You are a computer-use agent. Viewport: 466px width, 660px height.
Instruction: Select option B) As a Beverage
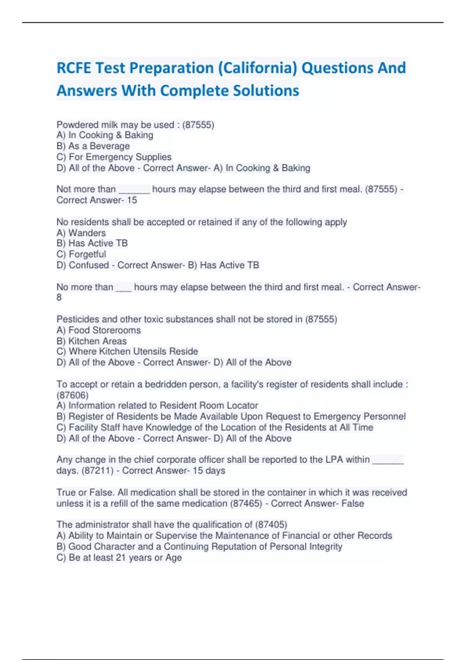(93, 146)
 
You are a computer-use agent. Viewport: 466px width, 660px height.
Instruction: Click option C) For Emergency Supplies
(114, 157)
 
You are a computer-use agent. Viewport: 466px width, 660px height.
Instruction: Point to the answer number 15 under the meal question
(132, 200)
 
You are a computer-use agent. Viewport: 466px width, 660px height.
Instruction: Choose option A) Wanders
(81, 233)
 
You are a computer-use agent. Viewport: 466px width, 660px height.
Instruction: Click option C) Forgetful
(81, 254)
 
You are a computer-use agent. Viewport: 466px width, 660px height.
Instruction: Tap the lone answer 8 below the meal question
(59, 297)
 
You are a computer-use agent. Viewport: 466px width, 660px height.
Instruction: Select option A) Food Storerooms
(99, 330)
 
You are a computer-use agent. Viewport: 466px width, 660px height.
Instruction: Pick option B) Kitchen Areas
(92, 341)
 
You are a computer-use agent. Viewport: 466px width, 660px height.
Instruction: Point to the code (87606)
(73, 395)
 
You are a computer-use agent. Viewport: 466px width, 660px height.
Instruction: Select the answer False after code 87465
(353, 504)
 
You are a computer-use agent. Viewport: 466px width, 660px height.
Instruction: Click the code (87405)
(271, 525)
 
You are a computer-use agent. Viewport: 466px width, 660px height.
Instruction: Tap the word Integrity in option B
(325, 547)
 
